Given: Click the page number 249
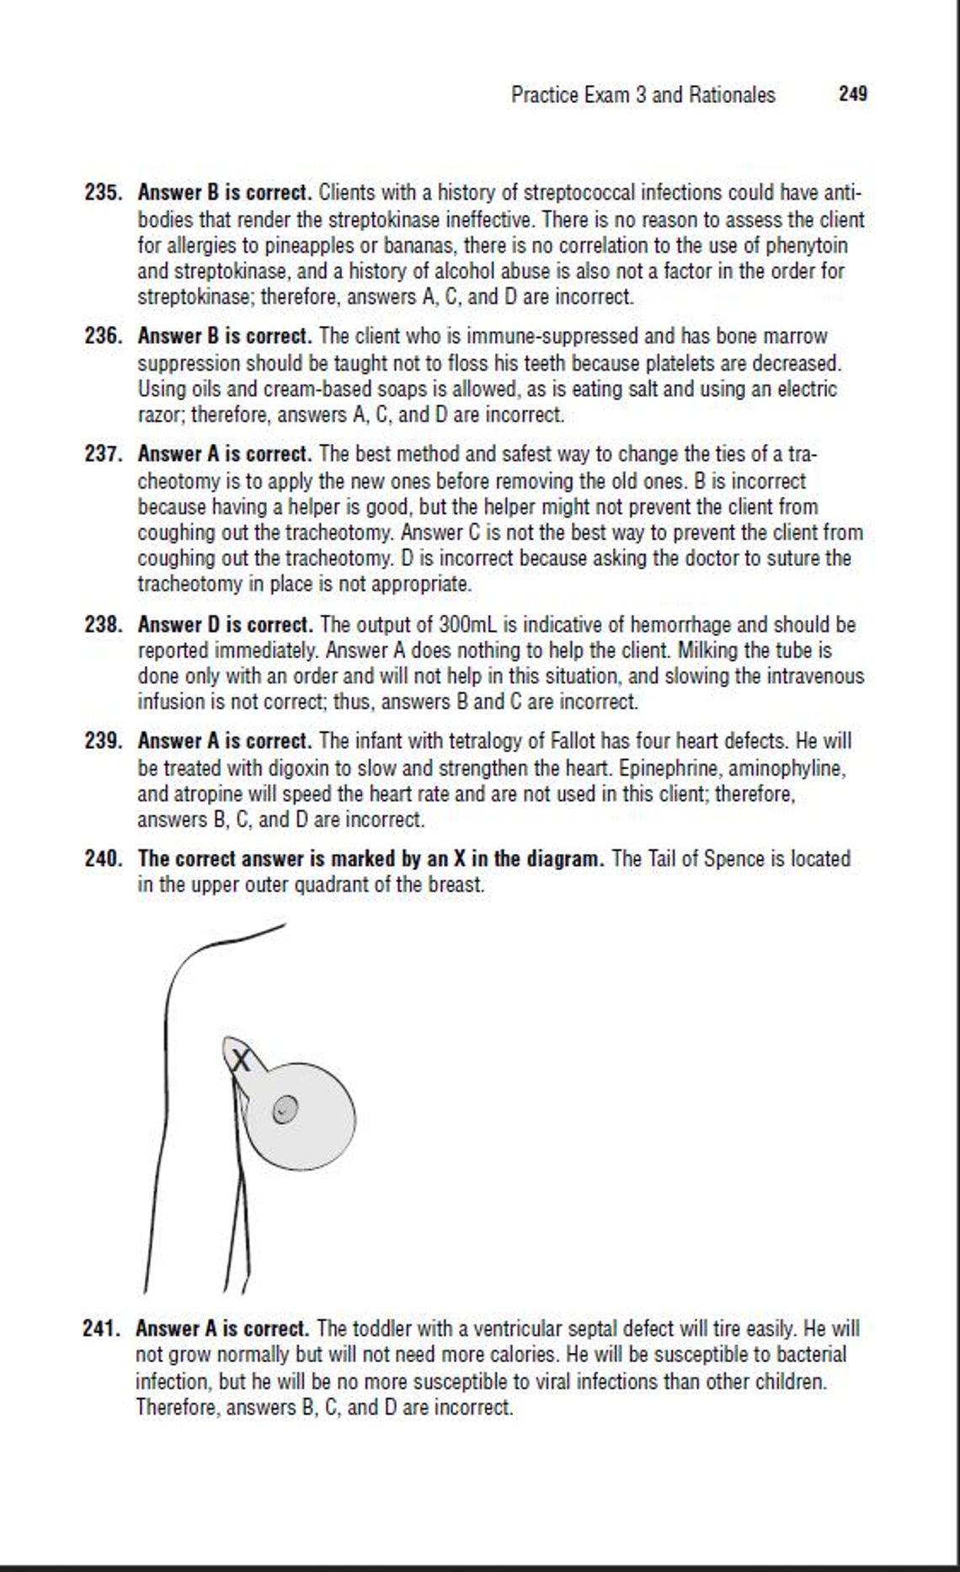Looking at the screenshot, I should coord(852,94).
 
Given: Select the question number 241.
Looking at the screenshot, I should coord(103,1329).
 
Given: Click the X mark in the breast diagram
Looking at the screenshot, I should coord(241,1061).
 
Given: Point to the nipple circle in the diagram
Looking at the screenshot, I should coord(285,1111).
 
